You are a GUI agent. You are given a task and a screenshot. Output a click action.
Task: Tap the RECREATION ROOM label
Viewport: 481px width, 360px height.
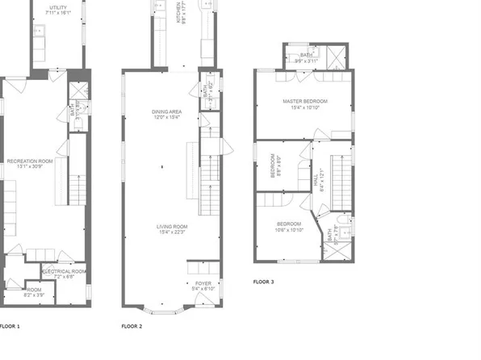coord(30,161)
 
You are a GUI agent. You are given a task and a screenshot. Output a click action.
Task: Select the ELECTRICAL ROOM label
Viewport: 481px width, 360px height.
coord(65,271)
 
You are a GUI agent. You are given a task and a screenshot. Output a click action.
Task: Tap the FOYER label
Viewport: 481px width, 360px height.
coord(203,283)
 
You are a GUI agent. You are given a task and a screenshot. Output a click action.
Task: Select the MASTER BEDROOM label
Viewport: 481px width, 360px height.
coord(303,102)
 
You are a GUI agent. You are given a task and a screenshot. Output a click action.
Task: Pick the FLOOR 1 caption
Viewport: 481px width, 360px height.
coord(10,326)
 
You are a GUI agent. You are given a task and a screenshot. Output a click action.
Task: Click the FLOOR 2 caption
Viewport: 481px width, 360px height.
coord(132,326)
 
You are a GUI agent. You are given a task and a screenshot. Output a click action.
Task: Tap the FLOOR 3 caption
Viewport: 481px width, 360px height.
coord(263,282)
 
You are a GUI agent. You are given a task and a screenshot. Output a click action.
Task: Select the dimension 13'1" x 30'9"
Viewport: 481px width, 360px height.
coord(30,166)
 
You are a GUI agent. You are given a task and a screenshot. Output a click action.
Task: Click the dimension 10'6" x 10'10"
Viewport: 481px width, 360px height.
coord(289,229)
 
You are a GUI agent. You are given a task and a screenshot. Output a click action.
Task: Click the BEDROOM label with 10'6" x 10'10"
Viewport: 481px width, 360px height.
coord(289,224)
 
